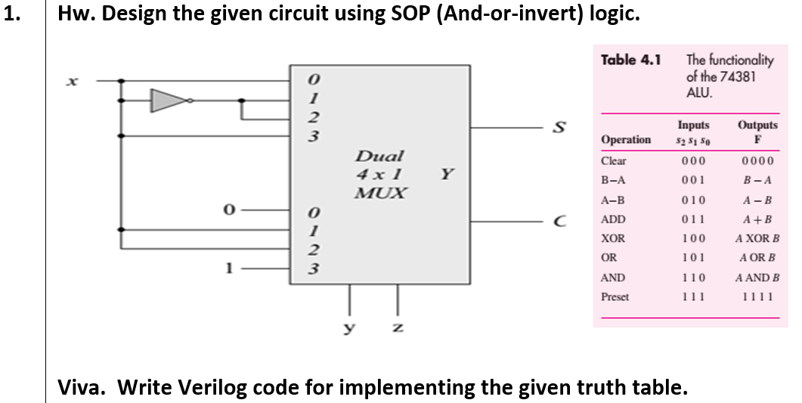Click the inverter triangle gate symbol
pyautogui.click(x=169, y=101)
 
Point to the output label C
pyautogui.click(x=560, y=222)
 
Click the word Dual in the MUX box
pyautogui.click(x=379, y=157)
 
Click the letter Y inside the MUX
pyautogui.click(x=447, y=175)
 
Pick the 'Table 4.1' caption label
pyautogui.click(x=630, y=60)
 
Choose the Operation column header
pyautogui.click(x=625, y=140)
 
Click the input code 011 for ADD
pyautogui.click(x=692, y=220)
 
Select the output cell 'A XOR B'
pyautogui.click(x=757, y=239)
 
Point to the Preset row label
pyautogui.click(x=615, y=297)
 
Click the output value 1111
pyautogui.click(x=757, y=297)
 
